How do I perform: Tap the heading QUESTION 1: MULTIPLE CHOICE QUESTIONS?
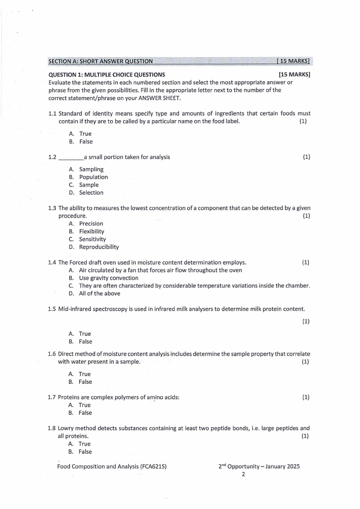pyautogui.click(x=107, y=74)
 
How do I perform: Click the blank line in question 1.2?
pyautogui.click(x=71, y=158)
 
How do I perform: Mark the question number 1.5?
pyautogui.click(x=52, y=309)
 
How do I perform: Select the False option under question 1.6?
pyautogui.click(x=85, y=382)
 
